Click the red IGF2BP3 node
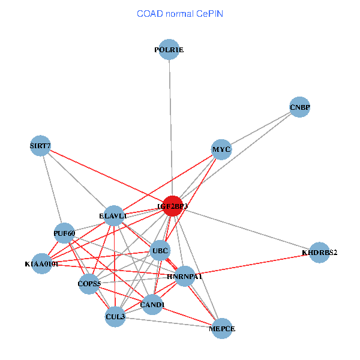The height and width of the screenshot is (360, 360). [173, 206]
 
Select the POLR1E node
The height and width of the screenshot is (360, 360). [169, 50]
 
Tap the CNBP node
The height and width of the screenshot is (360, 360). [299, 107]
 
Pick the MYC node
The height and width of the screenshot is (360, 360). [221, 149]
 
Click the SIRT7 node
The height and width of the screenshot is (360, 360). [40, 145]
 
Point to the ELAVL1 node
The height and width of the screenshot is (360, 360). [113, 215]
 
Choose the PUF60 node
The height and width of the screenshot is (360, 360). [64, 233]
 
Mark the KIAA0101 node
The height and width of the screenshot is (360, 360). [41, 263]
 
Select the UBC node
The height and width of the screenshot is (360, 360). [160, 250]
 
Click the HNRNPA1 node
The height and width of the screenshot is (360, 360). [185, 277]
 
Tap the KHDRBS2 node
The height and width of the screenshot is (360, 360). [319, 253]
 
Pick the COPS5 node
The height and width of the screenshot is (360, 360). [89, 283]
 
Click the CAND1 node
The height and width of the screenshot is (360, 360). [152, 305]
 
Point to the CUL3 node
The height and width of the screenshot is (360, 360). [115, 316]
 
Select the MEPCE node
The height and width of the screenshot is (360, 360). [221, 329]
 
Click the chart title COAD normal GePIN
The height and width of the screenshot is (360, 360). [180, 13]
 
